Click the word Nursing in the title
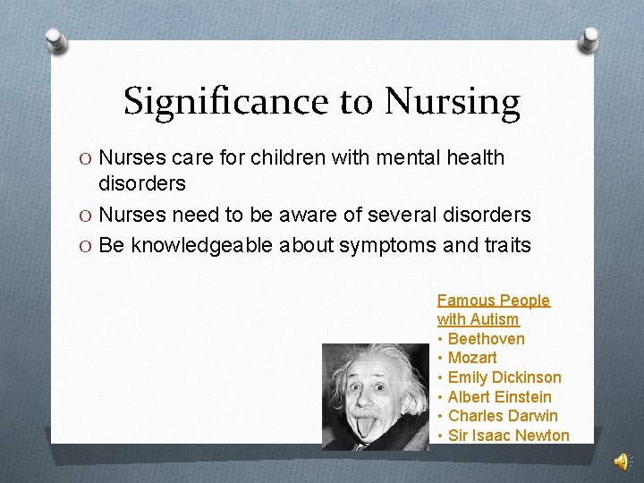click(x=451, y=103)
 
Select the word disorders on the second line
click(x=142, y=183)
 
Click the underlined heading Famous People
click(x=494, y=301)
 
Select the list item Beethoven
click(x=486, y=339)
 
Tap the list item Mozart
click(x=472, y=358)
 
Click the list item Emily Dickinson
click(x=504, y=377)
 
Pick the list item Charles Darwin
click(x=503, y=416)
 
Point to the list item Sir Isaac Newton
click(x=508, y=436)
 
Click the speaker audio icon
click(x=622, y=461)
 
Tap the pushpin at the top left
click(x=55, y=39)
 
